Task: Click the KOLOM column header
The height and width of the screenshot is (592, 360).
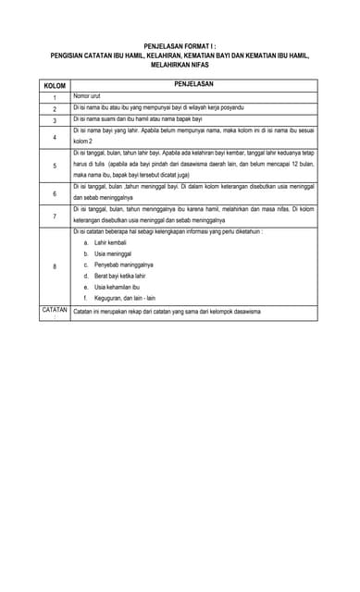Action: pyautogui.click(x=55, y=86)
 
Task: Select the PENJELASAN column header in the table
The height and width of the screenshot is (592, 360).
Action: pyautogui.click(x=193, y=84)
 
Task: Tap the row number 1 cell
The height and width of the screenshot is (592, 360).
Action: pyautogui.click(x=55, y=97)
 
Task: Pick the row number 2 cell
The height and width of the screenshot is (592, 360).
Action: pyautogui.click(x=55, y=109)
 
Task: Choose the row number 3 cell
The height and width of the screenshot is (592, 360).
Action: pyautogui.click(x=55, y=120)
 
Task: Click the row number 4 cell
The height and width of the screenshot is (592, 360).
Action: pyautogui.click(x=55, y=137)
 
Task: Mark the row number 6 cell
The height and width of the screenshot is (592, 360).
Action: pyautogui.click(x=55, y=193)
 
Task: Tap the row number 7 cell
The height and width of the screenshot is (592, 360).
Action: pyautogui.click(x=55, y=216)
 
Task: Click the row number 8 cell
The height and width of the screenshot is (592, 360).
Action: pyautogui.click(x=55, y=265)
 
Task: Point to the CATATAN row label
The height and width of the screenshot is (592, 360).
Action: pyautogui.click(x=55, y=311)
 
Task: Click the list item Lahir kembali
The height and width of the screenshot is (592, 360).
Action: pyautogui.click(x=112, y=242)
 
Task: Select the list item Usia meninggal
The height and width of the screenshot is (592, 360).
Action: pyautogui.click(x=113, y=253)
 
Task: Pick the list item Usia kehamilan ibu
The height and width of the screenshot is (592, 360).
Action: pyautogui.click(x=117, y=287)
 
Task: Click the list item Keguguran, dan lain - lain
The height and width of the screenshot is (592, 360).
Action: pyautogui.click(x=125, y=298)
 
